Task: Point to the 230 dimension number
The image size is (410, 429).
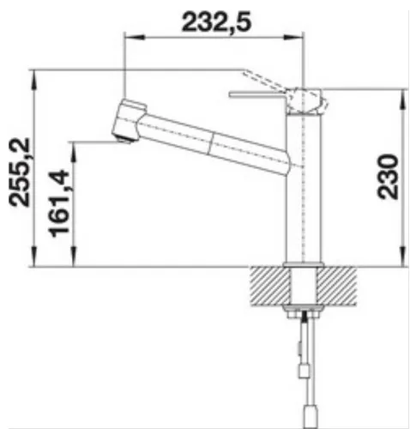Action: (387, 177)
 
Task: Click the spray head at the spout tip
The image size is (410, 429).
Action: (127, 120)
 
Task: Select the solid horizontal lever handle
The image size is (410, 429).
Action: (257, 94)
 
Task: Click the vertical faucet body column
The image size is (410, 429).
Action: (304, 189)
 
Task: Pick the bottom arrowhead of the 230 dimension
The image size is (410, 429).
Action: (401, 260)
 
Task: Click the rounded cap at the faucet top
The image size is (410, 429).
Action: (309, 99)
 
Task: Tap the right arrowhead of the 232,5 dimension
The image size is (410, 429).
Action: (301, 36)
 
